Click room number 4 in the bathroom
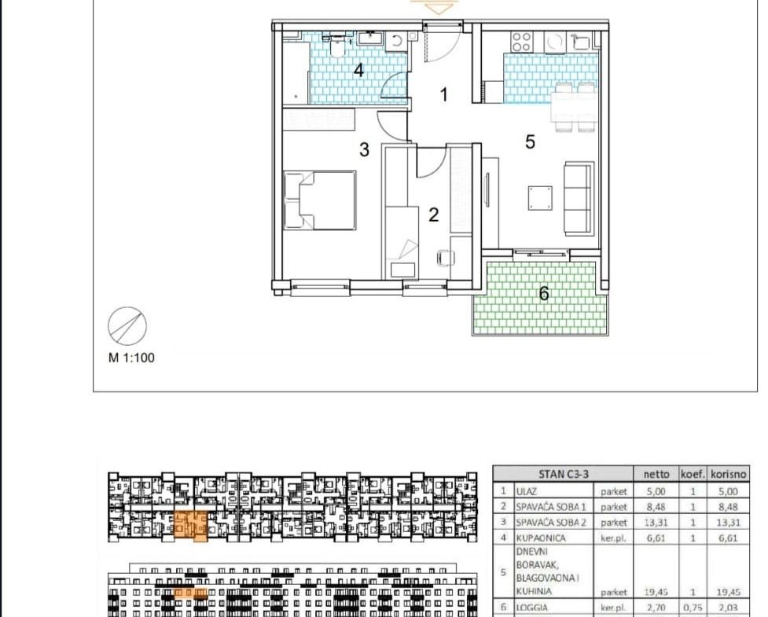pos(359,70)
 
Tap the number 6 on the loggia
pos(544,293)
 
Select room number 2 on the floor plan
pos(433,215)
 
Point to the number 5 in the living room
pos(530,142)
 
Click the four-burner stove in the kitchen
pos(520,41)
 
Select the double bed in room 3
pos(319,200)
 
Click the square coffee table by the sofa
pos(540,198)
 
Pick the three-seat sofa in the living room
pos(579,197)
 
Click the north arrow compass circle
pos(127,327)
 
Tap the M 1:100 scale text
pos(131,358)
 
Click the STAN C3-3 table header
pos(564,473)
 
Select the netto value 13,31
pos(656,523)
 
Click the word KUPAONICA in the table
pos(540,538)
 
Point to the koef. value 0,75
pos(692,608)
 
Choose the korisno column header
pos(729,474)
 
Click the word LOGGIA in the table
pos(532,608)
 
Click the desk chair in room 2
pos(445,258)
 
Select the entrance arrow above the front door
pos(439,7)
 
